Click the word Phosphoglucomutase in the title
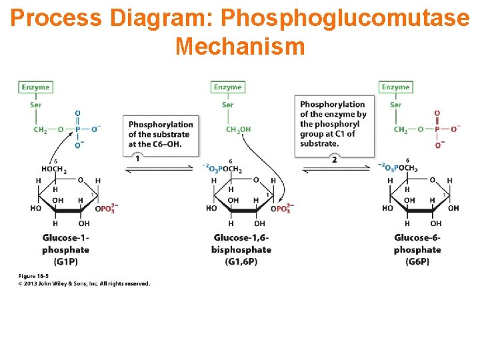(x=347, y=19)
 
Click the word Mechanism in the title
(x=240, y=46)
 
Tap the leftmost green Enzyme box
(x=35, y=87)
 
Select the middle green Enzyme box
(x=227, y=87)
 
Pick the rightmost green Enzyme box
(x=395, y=87)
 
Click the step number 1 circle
(x=137, y=158)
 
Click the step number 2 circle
(x=334, y=159)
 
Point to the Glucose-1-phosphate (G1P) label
(x=65, y=249)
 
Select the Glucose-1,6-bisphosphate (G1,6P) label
(x=242, y=249)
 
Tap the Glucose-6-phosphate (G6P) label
(x=417, y=249)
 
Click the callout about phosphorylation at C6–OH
(x=160, y=134)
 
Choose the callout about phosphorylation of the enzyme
(x=333, y=124)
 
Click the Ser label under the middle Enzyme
(x=227, y=105)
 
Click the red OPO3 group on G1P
(x=107, y=209)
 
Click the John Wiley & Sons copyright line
(x=83, y=283)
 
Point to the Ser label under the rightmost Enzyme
(x=395, y=105)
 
